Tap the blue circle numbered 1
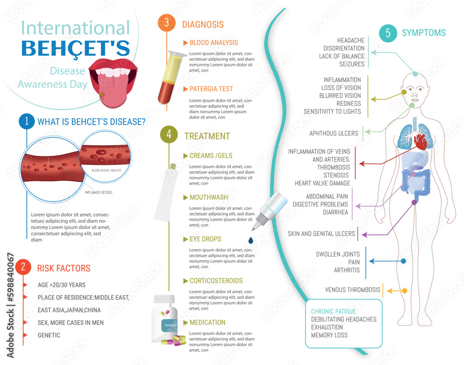click(x=27, y=122)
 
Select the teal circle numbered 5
click(x=388, y=33)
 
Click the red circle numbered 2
click(x=23, y=268)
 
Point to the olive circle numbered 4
click(x=168, y=135)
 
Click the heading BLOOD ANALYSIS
click(x=213, y=43)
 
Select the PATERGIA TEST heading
click(x=211, y=89)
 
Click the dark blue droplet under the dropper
click(x=251, y=240)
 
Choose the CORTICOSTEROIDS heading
click(x=216, y=281)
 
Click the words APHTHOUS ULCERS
click(x=334, y=134)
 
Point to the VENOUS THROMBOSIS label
click(x=353, y=290)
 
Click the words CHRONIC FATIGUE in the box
click(x=334, y=311)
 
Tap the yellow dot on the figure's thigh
click(x=404, y=291)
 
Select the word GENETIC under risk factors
click(x=49, y=335)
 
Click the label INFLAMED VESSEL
click(x=99, y=192)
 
